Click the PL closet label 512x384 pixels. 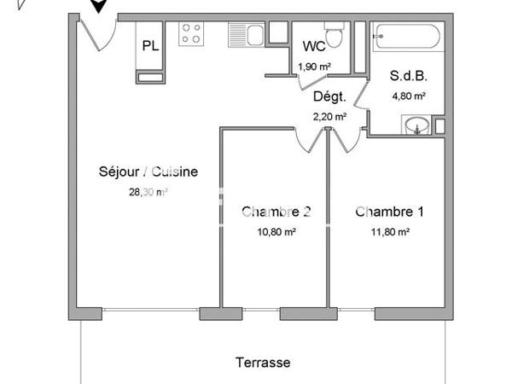pos(150,46)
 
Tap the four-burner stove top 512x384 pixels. pos(191,34)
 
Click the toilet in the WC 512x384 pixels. pos(336,37)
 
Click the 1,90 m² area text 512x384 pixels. pos(313,67)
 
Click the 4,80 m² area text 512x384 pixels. pos(409,96)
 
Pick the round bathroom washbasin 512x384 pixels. pos(416,126)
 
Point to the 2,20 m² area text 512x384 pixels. pos(329,117)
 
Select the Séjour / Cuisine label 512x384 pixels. pos(148,172)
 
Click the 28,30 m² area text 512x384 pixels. pos(148,192)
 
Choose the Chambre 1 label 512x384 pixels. pos(389,212)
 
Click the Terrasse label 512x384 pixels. pos(263,363)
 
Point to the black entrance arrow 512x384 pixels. pos(100,5)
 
